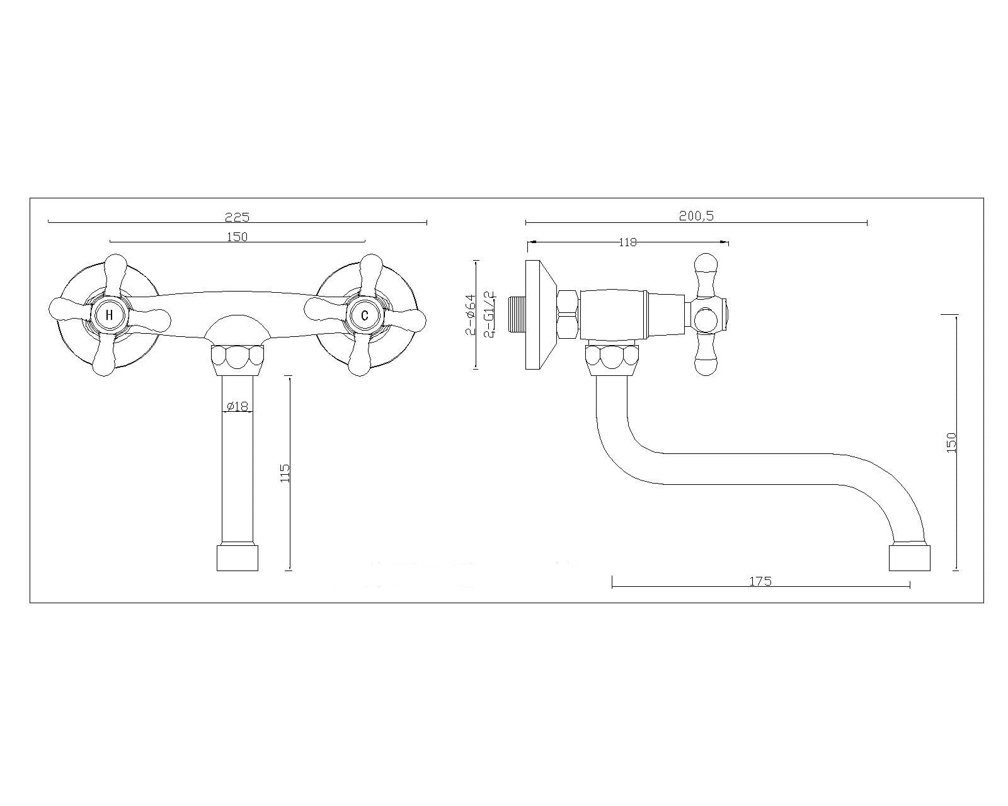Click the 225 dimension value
click(238, 217)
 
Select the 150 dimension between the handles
click(237, 237)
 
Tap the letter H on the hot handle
click(109, 315)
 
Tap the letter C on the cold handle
click(364, 315)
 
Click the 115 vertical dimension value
click(285, 474)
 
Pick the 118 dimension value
click(627, 242)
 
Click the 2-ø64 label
click(470, 314)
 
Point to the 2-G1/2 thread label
click(490, 314)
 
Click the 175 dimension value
click(760, 581)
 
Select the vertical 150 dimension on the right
click(951, 442)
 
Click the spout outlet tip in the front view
click(238, 558)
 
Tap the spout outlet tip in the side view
click(910, 557)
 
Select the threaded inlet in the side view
click(516, 314)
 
